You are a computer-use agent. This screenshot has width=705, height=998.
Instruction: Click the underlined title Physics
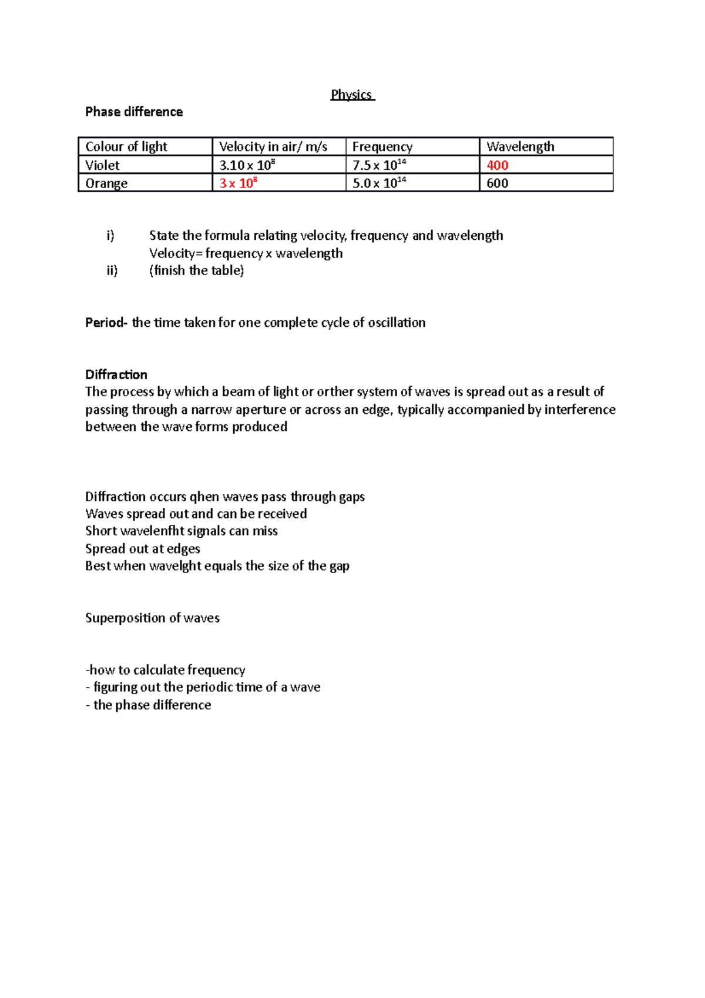pos(351,95)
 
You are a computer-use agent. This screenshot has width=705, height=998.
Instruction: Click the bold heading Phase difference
pos(134,112)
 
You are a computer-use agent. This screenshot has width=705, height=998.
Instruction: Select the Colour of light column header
pos(126,146)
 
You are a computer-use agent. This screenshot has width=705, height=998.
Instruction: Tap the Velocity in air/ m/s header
pos(273,146)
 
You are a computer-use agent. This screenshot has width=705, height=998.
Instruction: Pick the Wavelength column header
pos(521,146)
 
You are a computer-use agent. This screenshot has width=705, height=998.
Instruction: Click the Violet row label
pos(103,165)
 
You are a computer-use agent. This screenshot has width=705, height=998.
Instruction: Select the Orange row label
pos(106,183)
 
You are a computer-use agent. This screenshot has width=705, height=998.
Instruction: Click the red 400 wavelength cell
pos(497,165)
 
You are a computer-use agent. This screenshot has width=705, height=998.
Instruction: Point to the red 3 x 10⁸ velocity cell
pos(238,183)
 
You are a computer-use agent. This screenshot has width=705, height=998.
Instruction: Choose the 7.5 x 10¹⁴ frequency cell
pos(380,165)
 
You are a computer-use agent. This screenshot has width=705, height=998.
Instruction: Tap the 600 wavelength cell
pos(497,183)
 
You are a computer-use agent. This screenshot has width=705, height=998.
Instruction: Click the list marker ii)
pos(112,270)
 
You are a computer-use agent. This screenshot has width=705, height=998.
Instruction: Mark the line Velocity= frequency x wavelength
pos(246,253)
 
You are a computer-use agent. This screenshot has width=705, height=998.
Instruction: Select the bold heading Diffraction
pos(116,374)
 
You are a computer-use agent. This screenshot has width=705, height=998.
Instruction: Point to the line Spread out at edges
pos(143,549)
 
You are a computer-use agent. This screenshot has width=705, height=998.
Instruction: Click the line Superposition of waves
pos(152,618)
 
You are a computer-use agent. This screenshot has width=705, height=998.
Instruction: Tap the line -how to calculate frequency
pos(166,670)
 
